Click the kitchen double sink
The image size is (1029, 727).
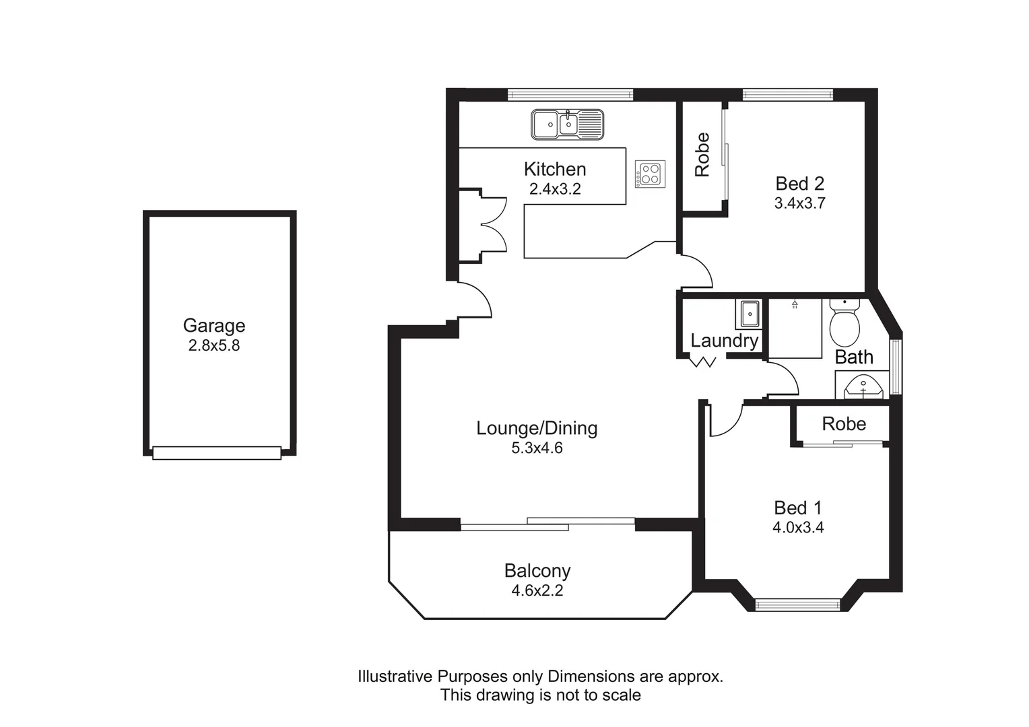tap(568, 125)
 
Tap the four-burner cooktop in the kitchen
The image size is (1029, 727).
tap(650, 174)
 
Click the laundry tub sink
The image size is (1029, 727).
tap(749, 314)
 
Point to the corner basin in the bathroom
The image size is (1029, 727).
tap(863, 388)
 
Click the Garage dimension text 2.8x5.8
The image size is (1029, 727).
tap(213, 346)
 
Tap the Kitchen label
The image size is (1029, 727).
tap(555, 169)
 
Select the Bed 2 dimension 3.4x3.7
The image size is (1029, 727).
tap(799, 203)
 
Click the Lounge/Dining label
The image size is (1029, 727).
tap(537, 428)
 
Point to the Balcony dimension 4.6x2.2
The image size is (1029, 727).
tap(537, 591)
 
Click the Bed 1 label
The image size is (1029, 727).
tap(798, 508)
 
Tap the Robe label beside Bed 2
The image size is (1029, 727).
tap(702, 155)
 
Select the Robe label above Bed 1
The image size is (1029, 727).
tap(844, 424)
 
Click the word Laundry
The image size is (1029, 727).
tap(724, 341)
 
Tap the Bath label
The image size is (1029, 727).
tap(853, 357)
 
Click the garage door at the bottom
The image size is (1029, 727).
tap(216, 453)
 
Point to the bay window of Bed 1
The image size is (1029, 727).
tap(797, 604)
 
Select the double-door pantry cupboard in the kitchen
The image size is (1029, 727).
tap(482, 226)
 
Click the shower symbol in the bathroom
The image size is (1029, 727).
tap(795, 305)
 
